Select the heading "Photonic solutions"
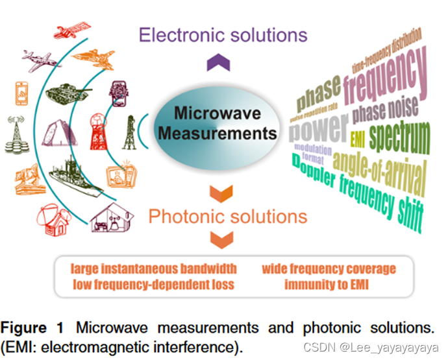click(x=228, y=216)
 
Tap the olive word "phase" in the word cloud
click(x=318, y=94)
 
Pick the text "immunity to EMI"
click(x=328, y=283)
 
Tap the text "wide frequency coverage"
click(x=328, y=269)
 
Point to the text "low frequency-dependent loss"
click(x=153, y=283)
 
